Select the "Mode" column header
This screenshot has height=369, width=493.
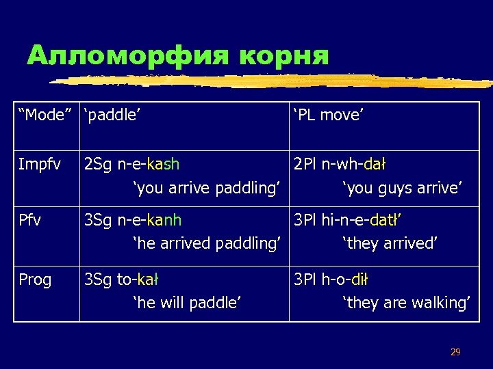point(47,115)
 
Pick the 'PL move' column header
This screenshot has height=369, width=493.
point(328,115)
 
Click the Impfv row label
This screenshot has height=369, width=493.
point(40,165)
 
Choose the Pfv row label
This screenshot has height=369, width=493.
point(30,220)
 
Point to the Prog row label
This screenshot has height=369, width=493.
point(35,279)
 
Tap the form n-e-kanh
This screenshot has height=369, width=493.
point(149,220)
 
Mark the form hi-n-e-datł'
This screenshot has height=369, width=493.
point(366,220)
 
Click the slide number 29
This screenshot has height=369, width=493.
point(455,353)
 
